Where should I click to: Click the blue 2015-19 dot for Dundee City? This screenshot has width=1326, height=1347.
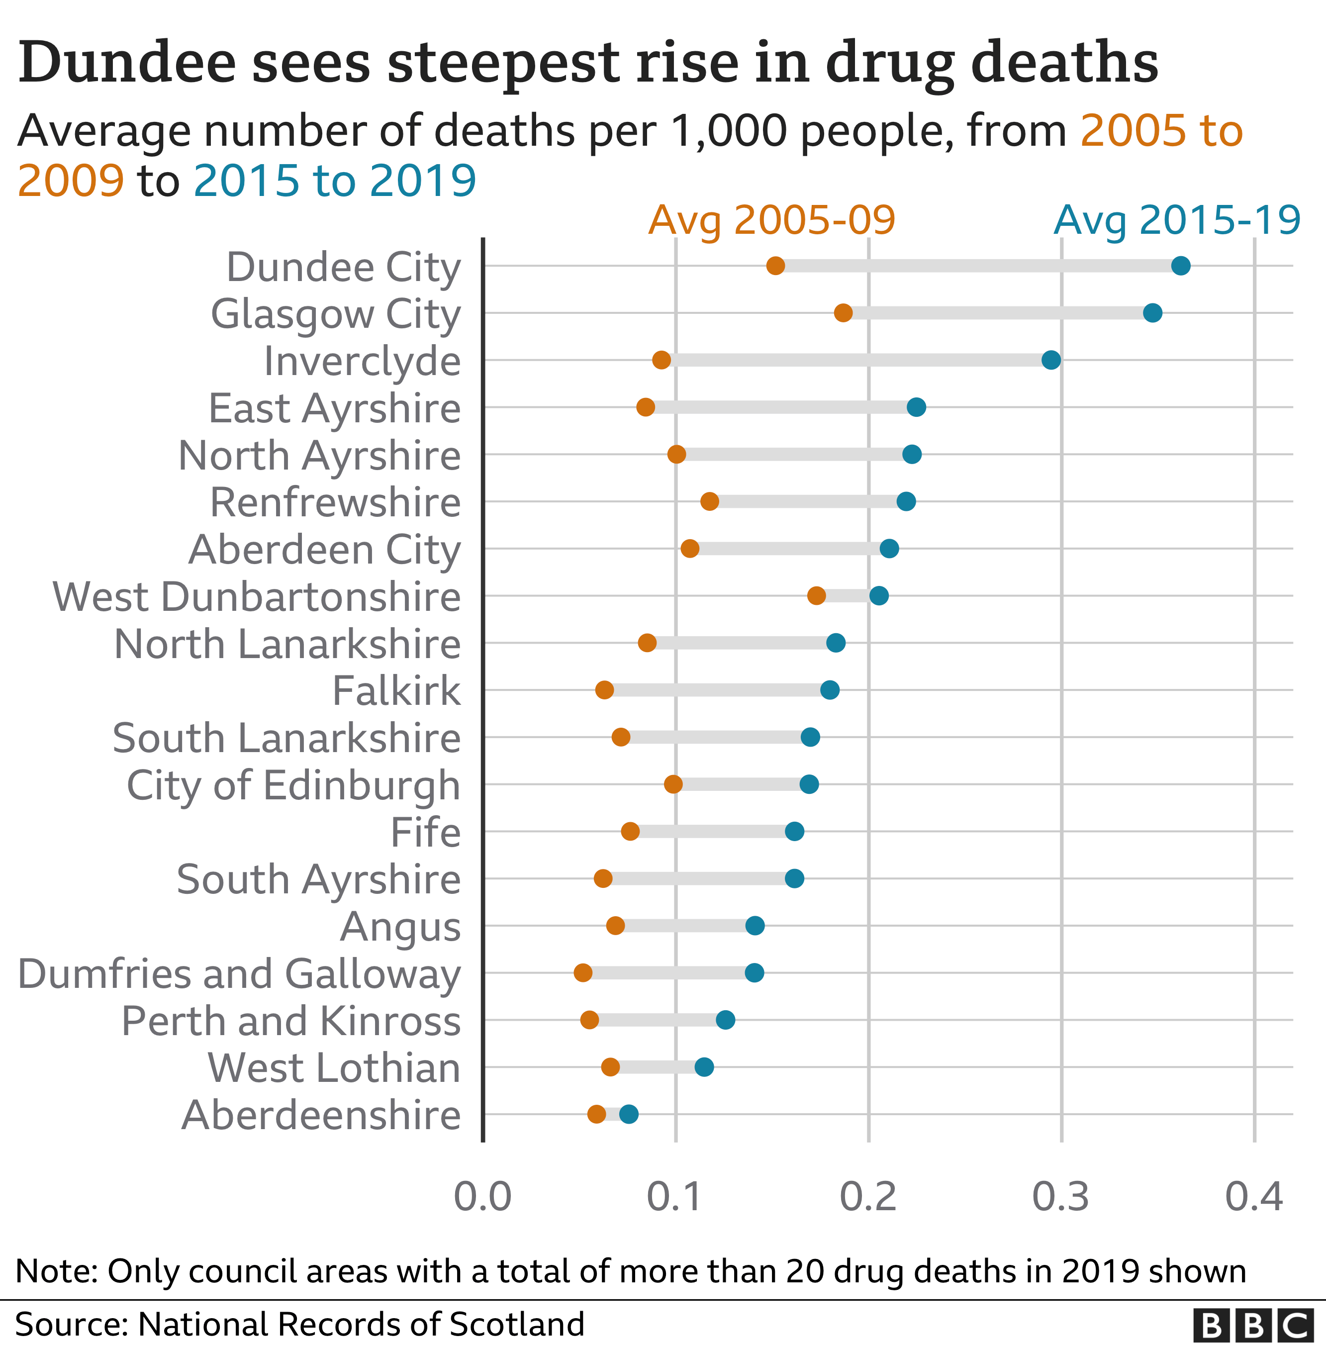point(1180,265)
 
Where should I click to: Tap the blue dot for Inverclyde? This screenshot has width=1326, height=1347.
point(1051,360)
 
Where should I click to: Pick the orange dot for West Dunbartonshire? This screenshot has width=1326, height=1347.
point(816,595)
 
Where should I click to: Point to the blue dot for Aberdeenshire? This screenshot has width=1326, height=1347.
point(629,1114)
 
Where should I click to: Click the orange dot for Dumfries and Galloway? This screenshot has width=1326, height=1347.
point(583,973)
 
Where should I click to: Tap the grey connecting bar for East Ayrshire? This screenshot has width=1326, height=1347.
point(780,407)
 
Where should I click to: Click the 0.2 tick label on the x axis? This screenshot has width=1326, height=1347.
point(868,1197)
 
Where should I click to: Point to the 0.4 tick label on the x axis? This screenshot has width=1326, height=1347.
point(1253,1197)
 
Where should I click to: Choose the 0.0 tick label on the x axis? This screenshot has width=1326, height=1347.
point(482,1197)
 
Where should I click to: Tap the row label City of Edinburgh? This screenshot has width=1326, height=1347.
point(293,785)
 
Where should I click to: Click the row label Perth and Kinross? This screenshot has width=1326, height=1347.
point(291,1021)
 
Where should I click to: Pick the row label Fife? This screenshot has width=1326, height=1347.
point(426,832)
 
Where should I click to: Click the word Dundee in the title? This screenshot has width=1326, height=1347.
point(127,63)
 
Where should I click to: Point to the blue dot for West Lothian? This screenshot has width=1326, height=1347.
point(704,1067)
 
